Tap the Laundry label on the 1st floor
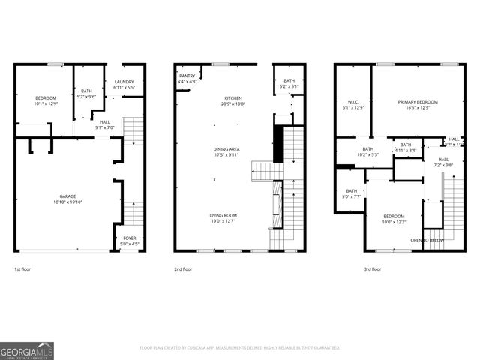pyautogui.click(x=124, y=82)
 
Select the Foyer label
pyautogui.click(x=129, y=238)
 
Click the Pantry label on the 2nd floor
pyautogui.click(x=187, y=76)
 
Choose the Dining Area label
pyautogui.click(x=226, y=149)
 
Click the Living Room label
pyautogui.click(x=223, y=215)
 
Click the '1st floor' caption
pyautogui.click(x=23, y=268)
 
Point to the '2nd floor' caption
pyautogui.click(x=184, y=268)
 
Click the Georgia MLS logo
pyautogui.click(x=27, y=350)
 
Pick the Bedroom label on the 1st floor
pyautogui.click(x=46, y=97)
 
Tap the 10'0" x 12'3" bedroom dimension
pyautogui.click(x=394, y=222)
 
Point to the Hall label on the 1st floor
pyautogui.click(x=104, y=121)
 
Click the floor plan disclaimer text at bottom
pyautogui.click(x=240, y=348)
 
